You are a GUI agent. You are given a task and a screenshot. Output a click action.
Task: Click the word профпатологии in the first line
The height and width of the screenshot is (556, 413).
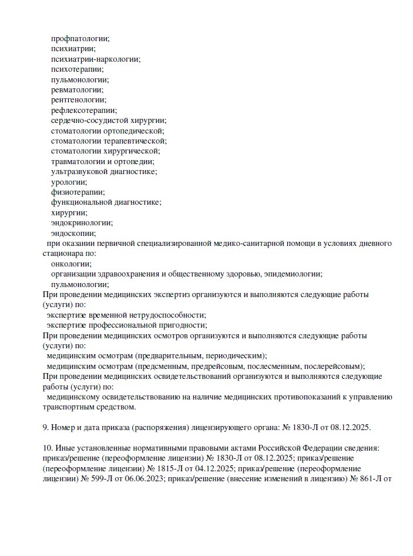79,38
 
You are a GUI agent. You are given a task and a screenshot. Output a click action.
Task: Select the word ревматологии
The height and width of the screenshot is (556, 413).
76,89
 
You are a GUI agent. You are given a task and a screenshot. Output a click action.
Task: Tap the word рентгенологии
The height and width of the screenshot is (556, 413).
78,100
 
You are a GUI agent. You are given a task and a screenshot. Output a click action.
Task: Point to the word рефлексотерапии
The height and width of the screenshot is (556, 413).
83,110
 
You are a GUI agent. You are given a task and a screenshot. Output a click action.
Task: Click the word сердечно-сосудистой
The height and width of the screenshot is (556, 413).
88,121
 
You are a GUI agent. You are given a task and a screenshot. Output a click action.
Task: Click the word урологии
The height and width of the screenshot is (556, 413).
69,182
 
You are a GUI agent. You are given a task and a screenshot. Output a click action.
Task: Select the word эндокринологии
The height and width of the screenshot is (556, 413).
81,223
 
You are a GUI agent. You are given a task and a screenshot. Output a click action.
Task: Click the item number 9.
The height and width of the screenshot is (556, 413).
46,428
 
